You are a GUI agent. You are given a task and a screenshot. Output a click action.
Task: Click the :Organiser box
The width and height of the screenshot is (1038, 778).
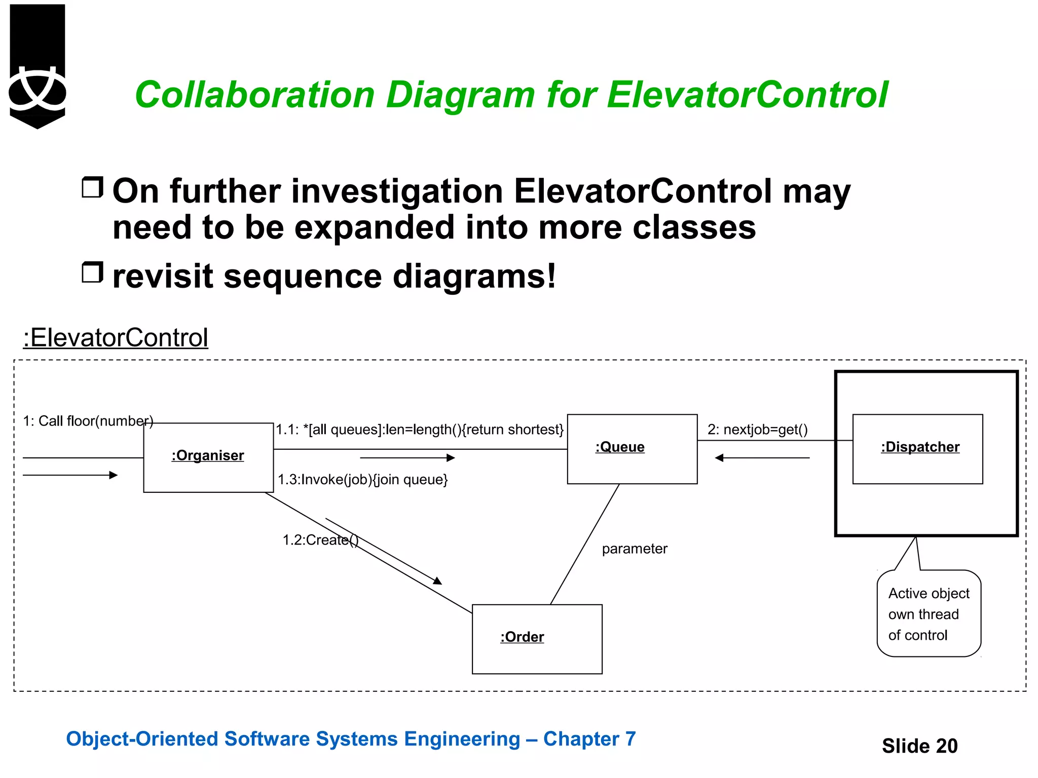(x=208, y=457)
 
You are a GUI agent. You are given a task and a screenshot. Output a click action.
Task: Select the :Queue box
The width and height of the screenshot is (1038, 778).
(x=632, y=449)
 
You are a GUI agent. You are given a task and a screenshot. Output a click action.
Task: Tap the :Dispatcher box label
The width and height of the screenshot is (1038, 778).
(x=920, y=447)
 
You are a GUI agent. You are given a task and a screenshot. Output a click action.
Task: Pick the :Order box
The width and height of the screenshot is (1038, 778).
(x=537, y=638)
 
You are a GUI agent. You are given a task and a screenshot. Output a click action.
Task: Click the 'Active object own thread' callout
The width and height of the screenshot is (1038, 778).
(x=929, y=613)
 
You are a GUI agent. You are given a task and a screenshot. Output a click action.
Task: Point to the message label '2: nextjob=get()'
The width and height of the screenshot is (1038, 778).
(x=757, y=430)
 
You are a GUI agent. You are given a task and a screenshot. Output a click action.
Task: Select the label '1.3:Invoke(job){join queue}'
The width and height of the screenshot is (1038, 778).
(x=362, y=479)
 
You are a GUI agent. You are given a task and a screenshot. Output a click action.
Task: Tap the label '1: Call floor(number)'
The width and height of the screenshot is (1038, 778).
(x=88, y=421)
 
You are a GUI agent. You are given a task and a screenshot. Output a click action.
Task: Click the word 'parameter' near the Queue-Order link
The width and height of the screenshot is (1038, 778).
(x=634, y=549)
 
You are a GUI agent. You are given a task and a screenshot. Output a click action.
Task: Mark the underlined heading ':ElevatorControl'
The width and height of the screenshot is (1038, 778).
(x=116, y=337)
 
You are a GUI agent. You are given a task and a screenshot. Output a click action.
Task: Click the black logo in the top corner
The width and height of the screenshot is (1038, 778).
(x=38, y=66)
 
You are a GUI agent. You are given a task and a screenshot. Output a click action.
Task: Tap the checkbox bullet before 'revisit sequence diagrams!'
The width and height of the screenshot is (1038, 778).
(x=92, y=273)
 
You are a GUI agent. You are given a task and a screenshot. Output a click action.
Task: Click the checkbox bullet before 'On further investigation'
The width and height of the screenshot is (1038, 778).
(x=92, y=187)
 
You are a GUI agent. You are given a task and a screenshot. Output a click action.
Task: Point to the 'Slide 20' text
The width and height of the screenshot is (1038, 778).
(x=919, y=746)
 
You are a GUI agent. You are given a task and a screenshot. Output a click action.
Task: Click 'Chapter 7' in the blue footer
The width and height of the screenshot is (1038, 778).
(x=589, y=739)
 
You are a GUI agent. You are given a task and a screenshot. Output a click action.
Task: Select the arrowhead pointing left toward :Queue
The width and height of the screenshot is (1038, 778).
(x=719, y=458)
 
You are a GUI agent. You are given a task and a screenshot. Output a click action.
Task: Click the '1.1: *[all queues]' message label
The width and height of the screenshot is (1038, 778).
(x=419, y=430)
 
